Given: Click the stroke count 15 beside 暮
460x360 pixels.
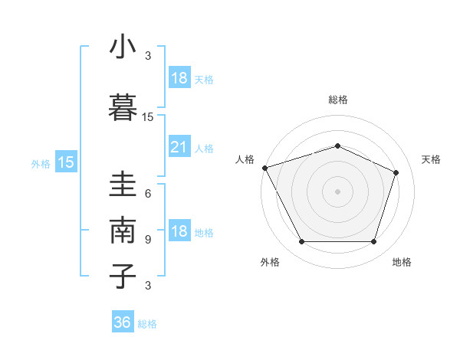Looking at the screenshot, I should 148,117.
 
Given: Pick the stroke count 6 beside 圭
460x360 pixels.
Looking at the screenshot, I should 148,194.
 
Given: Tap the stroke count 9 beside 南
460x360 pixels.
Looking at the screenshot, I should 148,240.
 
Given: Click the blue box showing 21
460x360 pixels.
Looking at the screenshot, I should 179,148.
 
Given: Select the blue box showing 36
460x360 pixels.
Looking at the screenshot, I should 123,322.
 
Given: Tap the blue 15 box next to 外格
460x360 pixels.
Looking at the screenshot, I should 66,162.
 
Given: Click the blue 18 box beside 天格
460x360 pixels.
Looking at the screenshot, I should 179,78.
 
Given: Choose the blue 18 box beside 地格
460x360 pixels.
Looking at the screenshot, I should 179,232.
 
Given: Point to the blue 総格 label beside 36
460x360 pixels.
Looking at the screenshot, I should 147,324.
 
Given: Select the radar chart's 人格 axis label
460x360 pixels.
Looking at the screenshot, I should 245,159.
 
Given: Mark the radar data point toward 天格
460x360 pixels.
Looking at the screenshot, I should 396,172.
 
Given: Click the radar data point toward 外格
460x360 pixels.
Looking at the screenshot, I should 301,242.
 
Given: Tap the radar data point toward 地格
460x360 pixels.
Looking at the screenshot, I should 373,242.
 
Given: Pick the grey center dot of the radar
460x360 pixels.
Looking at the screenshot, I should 337,191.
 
